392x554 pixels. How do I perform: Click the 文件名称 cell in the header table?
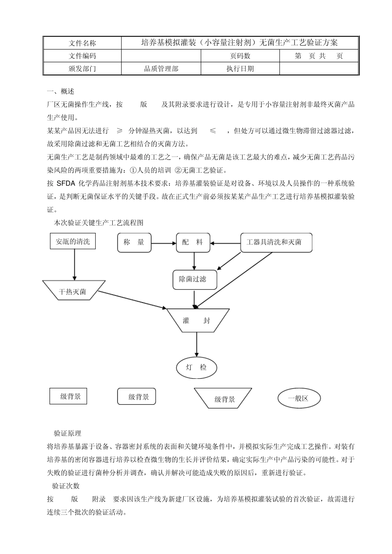click(82, 43)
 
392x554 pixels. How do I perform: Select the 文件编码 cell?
click(82, 56)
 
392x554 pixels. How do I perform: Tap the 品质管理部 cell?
click(161, 69)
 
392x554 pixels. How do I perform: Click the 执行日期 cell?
click(240, 69)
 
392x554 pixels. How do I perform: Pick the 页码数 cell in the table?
click(240, 56)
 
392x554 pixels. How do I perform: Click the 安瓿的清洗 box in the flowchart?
click(73, 242)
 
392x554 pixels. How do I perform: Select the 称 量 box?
click(134, 242)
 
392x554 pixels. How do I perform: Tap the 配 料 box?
click(193, 242)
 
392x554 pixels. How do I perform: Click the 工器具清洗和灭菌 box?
click(276, 242)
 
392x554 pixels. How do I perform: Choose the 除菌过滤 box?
click(194, 279)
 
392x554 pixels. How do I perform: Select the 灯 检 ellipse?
click(196, 368)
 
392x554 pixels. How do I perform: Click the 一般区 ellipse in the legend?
click(298, 398)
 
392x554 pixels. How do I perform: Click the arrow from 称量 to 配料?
click(163, 243)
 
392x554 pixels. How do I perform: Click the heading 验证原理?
click(67, 433)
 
